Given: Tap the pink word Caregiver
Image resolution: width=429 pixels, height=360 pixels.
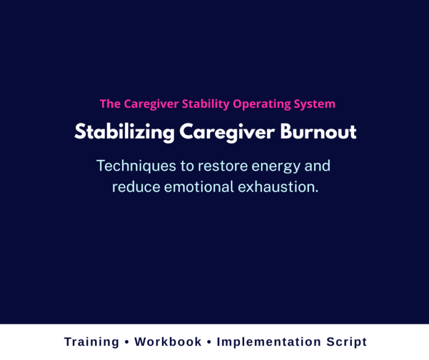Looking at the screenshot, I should point(150,104).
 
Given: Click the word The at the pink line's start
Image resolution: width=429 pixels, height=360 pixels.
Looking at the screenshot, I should point(110,104).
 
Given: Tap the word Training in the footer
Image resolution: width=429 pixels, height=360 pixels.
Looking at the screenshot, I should point(92,342).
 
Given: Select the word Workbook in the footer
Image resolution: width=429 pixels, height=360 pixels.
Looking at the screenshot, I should point(168,342).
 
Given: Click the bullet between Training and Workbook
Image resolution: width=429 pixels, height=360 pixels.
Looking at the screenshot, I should point(127,342).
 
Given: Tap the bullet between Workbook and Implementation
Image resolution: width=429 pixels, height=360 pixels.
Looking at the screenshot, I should point(209,342).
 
